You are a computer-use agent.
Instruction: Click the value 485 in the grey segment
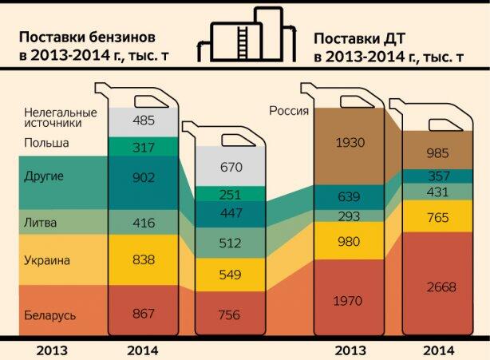[144, 121]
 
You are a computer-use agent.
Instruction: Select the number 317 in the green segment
[144, 147]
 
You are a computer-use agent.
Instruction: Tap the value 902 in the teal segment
[144, 178]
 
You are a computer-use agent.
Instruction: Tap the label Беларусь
[49, 316]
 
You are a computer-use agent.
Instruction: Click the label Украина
[47, 260]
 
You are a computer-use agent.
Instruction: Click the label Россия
[288, 111]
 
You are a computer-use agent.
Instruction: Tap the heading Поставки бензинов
[93, 38]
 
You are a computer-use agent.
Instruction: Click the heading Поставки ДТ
[366, 38]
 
